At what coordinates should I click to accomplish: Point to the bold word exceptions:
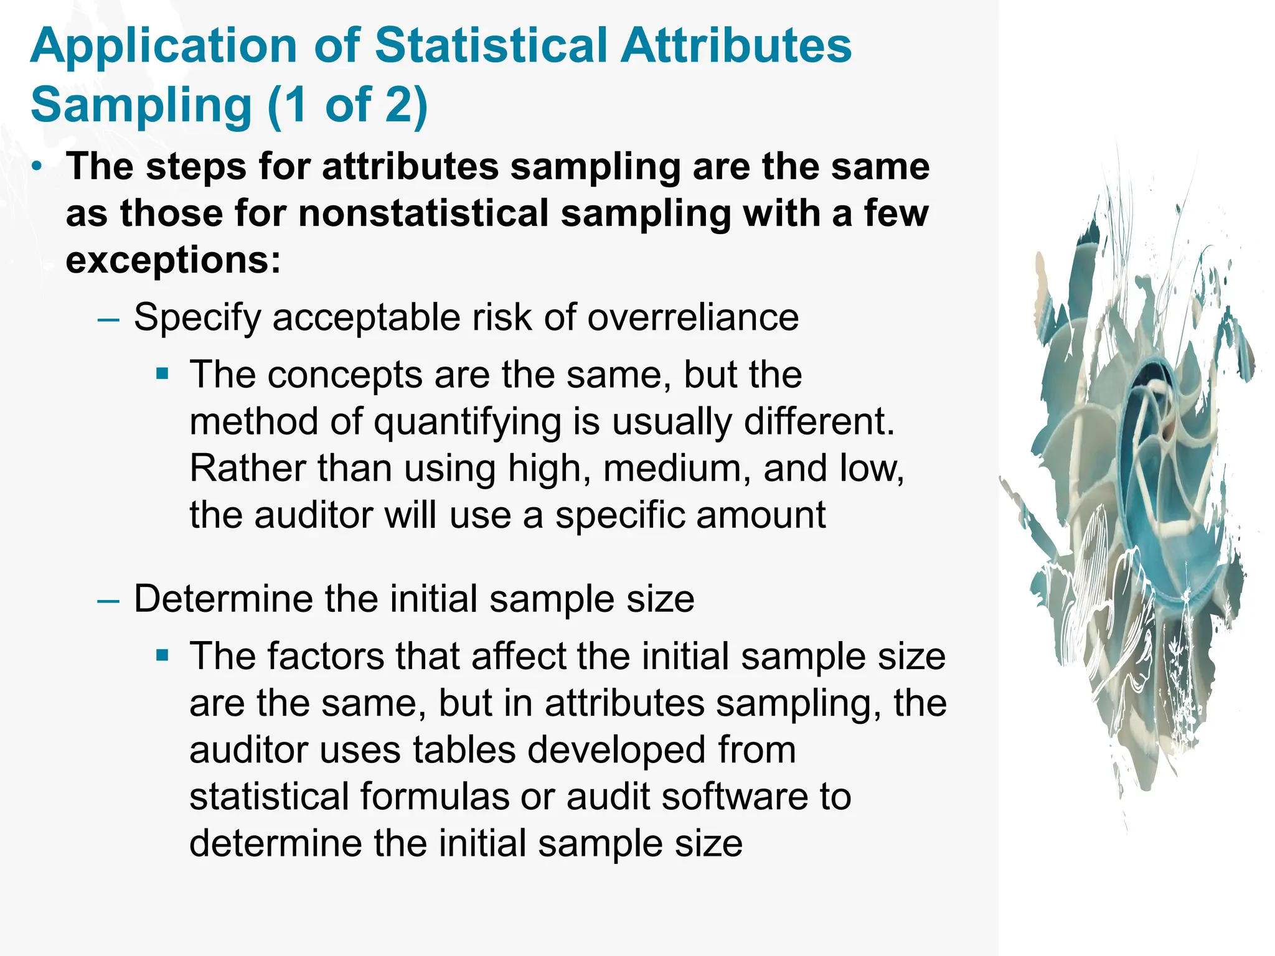[173, 260]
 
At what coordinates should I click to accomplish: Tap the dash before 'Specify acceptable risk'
[108, 319]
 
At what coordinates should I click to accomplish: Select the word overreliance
[693, 317]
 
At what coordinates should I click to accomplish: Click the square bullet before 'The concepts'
[162, 374]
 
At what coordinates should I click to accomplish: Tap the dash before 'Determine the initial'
[108, 600]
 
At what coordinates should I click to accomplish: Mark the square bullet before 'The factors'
[162, 655]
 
